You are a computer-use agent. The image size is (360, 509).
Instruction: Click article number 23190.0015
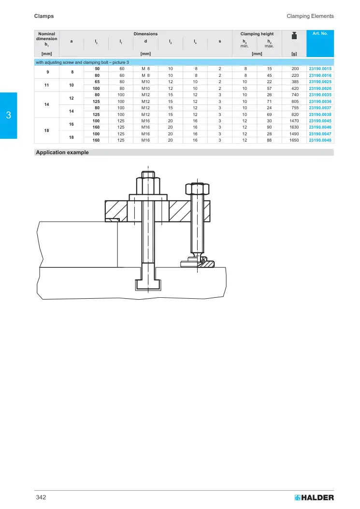click(x=320, y=69)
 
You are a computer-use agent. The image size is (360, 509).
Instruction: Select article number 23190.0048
click(x=320, y=140)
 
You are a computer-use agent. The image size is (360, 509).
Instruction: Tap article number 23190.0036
click(x=320, y=102)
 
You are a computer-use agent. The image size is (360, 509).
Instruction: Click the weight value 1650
click(x=294, y=140)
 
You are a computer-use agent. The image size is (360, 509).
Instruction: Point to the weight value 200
click(x=295, y=69)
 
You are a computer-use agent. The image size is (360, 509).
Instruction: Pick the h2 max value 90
click(x=270, y=127)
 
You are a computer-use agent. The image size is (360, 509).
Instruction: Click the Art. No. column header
click(x=320, y=33)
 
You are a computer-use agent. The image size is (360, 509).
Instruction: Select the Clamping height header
click(x=257, y=34)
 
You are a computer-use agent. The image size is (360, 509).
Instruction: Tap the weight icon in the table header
click(x=294, y=36)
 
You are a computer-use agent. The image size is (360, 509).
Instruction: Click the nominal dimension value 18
click(x=47, y=131)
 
